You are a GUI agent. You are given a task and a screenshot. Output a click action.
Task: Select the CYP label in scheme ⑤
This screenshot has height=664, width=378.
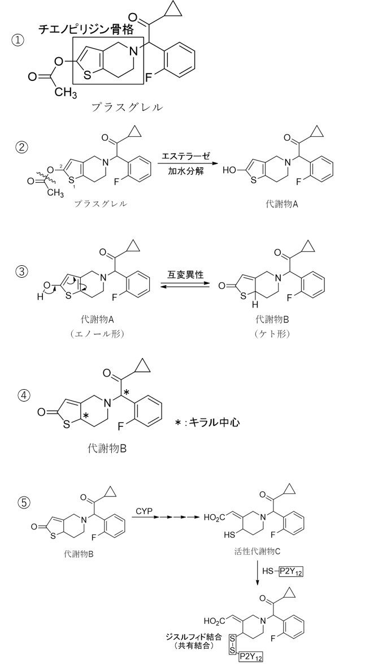click(x=144, y=512)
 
